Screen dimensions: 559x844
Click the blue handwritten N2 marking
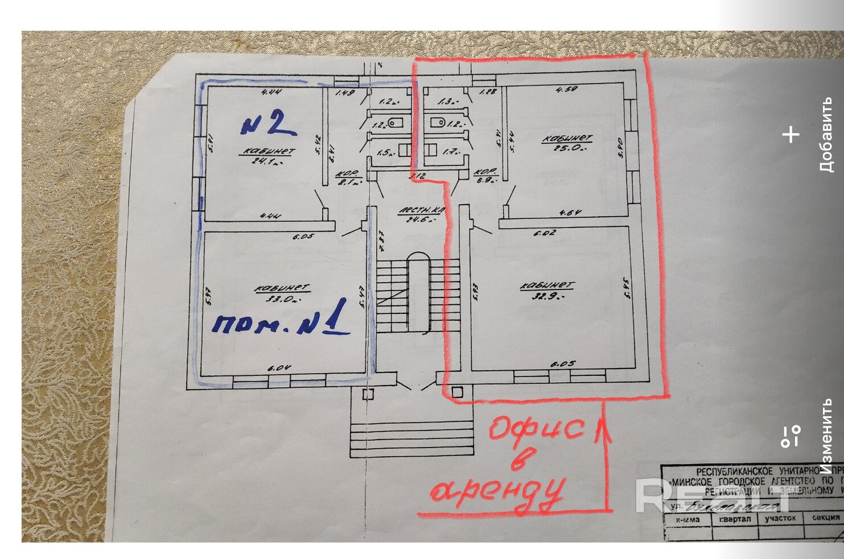(x=267, y=123)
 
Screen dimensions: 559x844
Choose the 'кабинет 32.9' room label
(x=546, y=290)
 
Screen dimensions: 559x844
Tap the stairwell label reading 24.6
(x=421, y=214)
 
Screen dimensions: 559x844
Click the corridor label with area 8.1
(x=348, y=178)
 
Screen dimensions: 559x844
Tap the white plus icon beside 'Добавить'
(x=791, y=135)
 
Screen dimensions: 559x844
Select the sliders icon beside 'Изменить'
(x=791, y=436)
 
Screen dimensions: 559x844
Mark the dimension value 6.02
(x=545, y=233)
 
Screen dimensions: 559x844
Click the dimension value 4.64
(x=570, y=213)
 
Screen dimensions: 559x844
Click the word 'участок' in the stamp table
(x=780, y=518)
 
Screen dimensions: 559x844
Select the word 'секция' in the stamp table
(x=826, y=517)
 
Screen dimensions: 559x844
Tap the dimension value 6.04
(x=279, y=368)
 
